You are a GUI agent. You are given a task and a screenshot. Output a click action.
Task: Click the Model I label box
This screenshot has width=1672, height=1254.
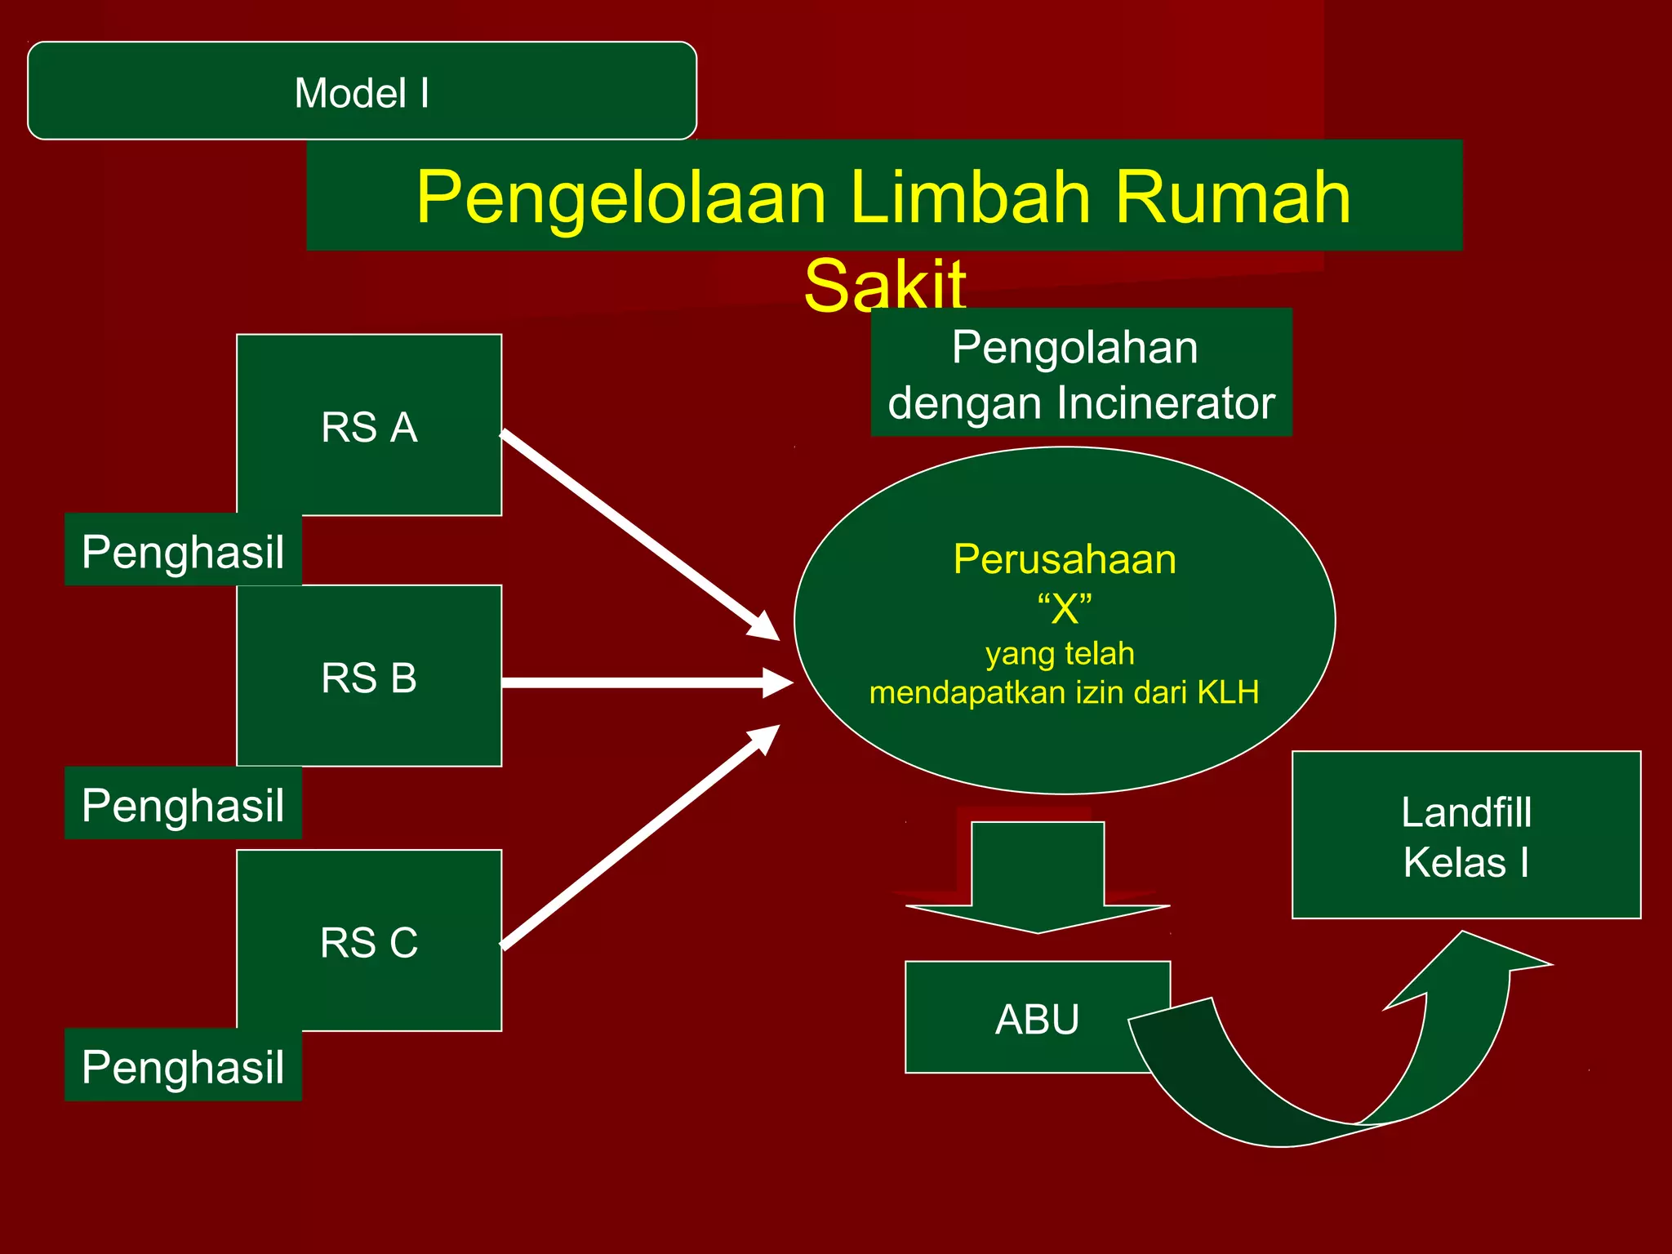point(362,91)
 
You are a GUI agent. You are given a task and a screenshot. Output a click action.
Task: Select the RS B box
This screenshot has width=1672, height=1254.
point(369,677)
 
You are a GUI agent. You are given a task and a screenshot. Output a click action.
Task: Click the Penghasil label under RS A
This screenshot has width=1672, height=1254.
point(183,551)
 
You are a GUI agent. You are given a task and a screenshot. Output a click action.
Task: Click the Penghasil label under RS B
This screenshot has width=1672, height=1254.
point(183,805)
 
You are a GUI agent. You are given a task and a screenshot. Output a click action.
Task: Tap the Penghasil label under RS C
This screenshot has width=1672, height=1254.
point(183,1066)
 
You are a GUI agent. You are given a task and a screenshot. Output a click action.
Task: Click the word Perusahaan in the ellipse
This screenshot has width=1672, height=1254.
point(1065,560)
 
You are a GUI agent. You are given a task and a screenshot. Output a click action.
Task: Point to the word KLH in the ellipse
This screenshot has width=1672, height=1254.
point(1228,692)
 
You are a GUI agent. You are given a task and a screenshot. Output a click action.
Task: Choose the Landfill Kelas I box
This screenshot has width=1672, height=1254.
point(1466,835)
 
